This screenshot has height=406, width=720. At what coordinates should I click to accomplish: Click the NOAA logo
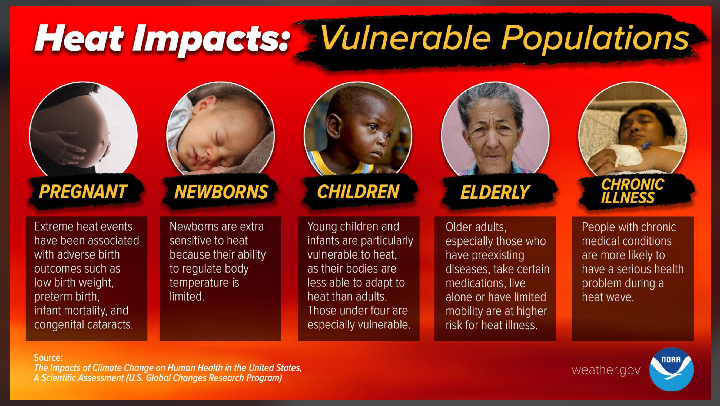tap(671, 369)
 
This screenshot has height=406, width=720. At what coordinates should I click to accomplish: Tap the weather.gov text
tap(606, 370)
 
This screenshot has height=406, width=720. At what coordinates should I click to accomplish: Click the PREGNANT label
tap(83, 192)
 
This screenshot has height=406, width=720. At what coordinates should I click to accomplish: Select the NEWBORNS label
tap(221, 192)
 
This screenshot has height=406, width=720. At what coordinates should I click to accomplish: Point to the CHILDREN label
tap(358, 192)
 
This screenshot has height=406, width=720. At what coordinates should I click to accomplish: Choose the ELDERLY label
tap(495, 192)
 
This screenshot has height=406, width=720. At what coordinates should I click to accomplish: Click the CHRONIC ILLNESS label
tap(632, 191)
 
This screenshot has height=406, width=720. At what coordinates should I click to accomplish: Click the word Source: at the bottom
tap(48, 357)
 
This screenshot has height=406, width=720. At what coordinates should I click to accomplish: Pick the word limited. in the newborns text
tap(187, 296)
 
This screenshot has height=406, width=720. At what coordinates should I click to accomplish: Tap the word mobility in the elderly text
tap(464, 311)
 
